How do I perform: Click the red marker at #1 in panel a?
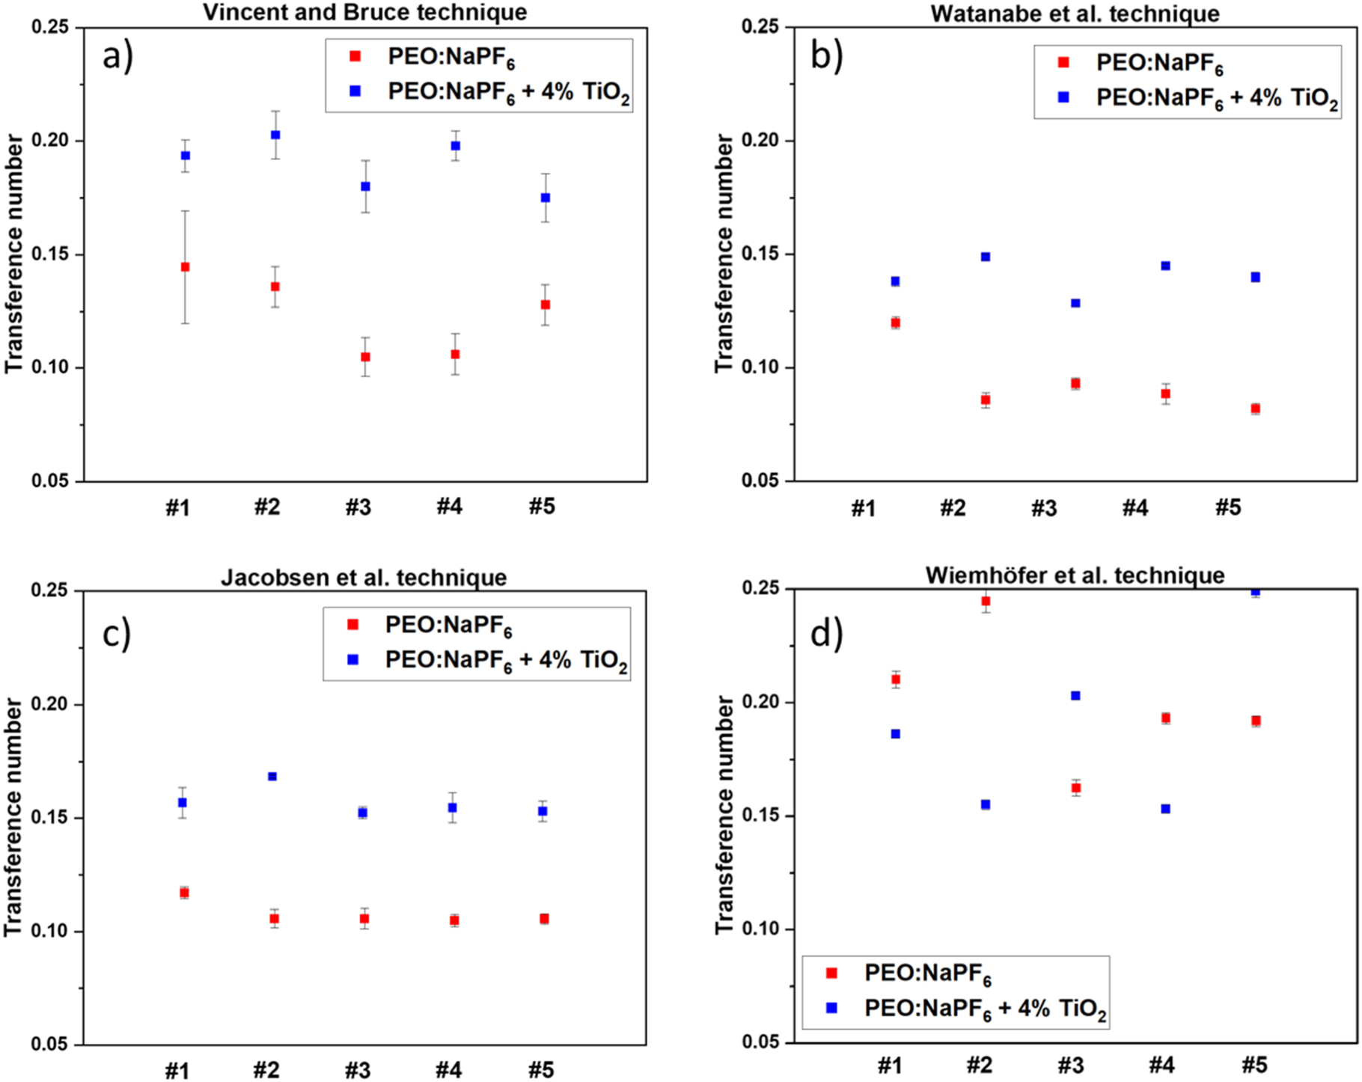186,267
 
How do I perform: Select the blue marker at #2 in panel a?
275,135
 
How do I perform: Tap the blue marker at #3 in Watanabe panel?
1075,303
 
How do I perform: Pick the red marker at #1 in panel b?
895,323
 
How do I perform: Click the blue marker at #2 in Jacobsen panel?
272,777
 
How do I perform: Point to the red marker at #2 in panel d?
986,601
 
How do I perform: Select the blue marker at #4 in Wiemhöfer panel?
1165,809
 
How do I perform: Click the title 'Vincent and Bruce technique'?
365,12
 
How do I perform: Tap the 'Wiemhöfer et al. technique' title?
1075,575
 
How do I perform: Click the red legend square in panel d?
831,973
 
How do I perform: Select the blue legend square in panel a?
355,91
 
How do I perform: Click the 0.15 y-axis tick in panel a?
49,254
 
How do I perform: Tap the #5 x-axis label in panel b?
1227,507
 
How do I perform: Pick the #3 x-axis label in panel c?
358,1070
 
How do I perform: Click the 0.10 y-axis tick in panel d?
760,929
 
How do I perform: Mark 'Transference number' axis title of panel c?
13,817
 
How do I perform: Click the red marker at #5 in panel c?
544,919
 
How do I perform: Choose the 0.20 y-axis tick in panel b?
760,141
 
